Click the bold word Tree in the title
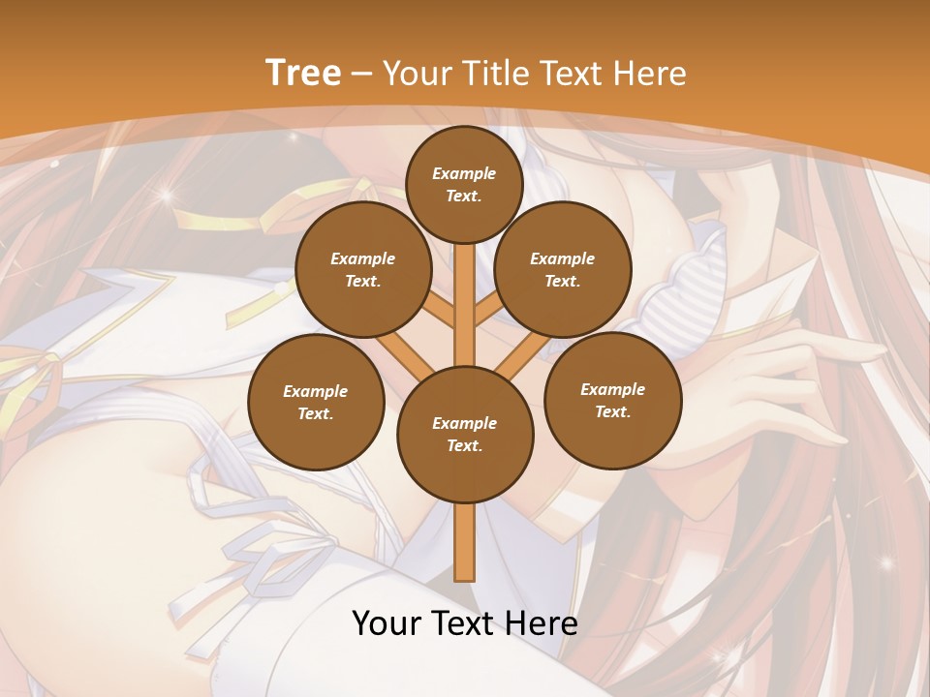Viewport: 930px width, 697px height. [x=303, y=73]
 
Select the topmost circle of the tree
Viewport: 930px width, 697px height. [x=464, y=184]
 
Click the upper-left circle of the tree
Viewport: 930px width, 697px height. [x=362, y=269]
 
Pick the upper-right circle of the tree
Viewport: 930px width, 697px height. [x=563, y=269]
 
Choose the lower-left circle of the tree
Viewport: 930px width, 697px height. [x=316, y=402]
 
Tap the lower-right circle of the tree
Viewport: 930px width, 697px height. [x=612, y=400]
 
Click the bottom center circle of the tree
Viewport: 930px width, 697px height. [x=465, y=434]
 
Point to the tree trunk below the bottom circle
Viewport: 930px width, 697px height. [x=465, y=542]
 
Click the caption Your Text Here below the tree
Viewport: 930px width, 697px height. [x=465, y=623]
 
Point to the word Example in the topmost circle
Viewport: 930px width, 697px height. [x=464, y=173]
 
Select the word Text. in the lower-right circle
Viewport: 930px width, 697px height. [x=612, y=411]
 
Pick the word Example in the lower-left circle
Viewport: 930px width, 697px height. [x=316, y=391]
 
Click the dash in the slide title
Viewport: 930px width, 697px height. [x=362, y=74]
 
